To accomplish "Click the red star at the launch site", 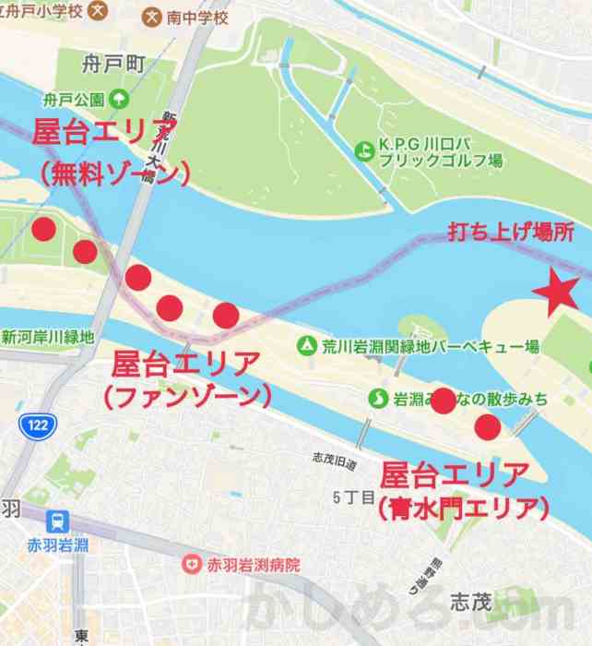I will pos(556,293).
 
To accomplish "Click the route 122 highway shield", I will pos(36,424).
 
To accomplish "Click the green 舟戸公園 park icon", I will pos(118,99).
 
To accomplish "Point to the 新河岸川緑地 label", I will pos(48,337).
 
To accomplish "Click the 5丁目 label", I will pos(353,497).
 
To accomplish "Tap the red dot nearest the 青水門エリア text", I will pos(487,427).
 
